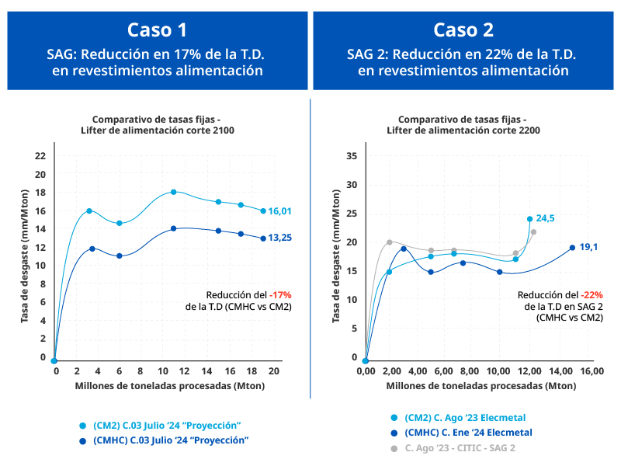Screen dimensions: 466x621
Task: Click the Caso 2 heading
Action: tap(463, 30)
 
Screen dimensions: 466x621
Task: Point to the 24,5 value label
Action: tap(546, 218)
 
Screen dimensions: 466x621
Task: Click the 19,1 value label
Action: tap(589, 247)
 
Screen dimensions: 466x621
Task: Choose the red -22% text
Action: tap(591, 295)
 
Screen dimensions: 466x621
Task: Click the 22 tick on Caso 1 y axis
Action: tap(41, 155)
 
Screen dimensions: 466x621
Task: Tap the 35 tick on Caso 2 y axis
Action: tap(351, 155)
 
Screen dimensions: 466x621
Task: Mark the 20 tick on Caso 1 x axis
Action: tap(274, 373)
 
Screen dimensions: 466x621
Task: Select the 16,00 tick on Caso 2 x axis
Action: tap(592, 373)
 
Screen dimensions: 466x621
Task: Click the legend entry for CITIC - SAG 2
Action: tap(458, 448)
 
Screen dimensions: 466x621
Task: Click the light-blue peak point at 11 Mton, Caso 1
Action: tap(173, 192)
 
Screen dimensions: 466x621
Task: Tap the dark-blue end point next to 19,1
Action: tap(572, 248)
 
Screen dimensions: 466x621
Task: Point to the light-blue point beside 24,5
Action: tap(530, 219)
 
